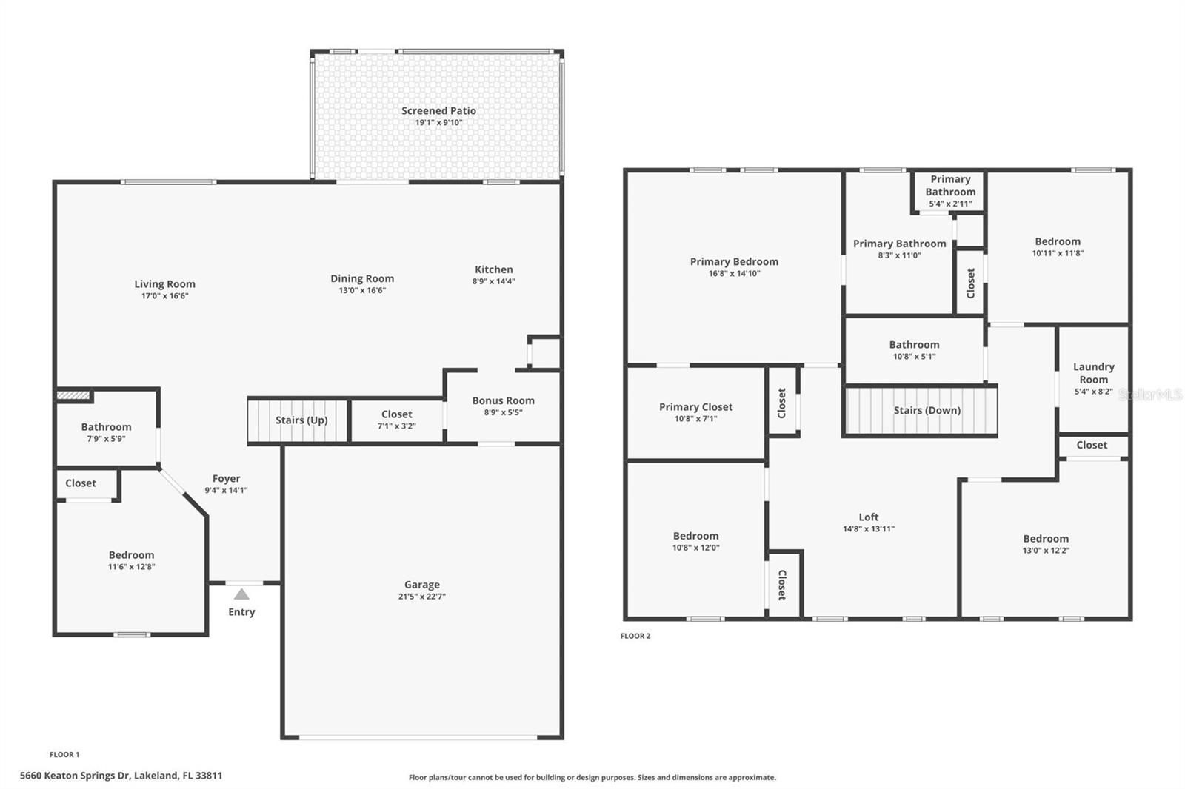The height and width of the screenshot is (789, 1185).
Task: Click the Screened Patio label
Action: tap(438, 110)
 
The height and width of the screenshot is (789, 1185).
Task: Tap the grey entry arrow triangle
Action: tap(241, 594)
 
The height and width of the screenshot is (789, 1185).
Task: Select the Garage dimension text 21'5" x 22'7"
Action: tap(422, 597)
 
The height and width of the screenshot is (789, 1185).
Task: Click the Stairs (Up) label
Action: tap(301, 420)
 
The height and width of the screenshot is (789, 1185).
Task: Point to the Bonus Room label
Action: tap(503, 400)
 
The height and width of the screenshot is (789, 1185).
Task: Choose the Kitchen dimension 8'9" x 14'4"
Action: tap(493, 281)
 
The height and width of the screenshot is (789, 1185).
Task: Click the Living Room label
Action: tap(164, 284)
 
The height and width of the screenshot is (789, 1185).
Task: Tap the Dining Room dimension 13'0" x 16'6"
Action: tap(362, 290)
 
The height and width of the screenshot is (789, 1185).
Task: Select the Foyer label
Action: tap(227, 479)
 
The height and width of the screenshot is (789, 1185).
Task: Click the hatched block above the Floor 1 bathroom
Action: tap(73, 395)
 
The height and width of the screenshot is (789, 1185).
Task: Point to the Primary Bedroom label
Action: tap(734, 261)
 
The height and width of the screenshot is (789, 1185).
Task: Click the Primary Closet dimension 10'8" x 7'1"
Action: tap(695, 419)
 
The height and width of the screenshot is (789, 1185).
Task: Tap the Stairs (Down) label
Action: tap(927, 410)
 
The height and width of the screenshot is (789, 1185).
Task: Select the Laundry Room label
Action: tap(1093, 373)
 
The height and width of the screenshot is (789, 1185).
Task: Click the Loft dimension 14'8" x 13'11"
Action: tap(869, 528)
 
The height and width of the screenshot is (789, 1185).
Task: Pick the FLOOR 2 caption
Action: tap(635, 636)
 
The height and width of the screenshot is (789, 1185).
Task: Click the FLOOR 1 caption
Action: tap(64, 755)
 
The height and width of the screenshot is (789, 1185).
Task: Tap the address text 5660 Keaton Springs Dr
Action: tap(75, 776)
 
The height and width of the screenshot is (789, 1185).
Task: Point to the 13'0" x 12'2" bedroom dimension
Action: tap(1046, 551)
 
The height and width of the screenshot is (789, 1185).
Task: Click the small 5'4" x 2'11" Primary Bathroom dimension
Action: tap(951, 204)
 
